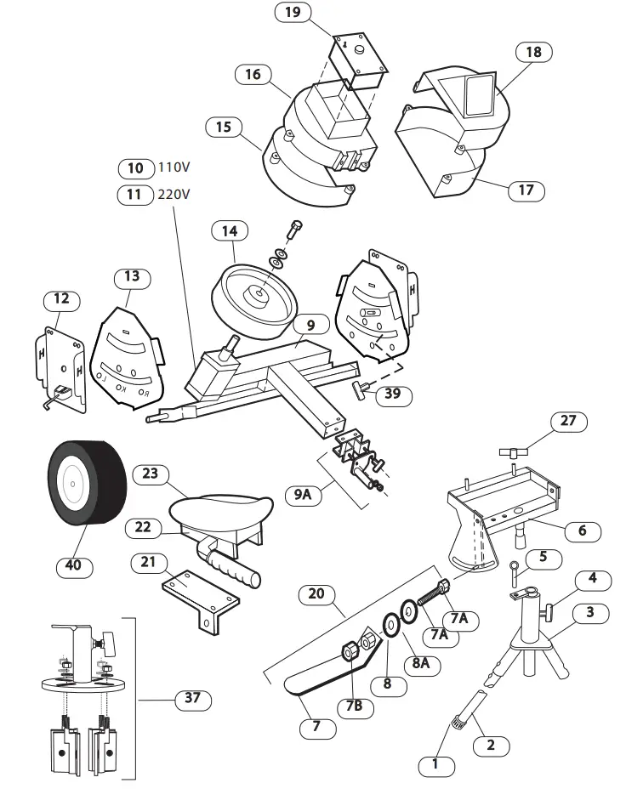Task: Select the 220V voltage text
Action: pos(174,194)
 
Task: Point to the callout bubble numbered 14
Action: pos(230,230)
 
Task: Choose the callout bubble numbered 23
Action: pos(150,474)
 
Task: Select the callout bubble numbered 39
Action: pos(392,394)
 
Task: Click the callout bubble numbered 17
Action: pos(526,190)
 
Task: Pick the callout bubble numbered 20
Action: pos(316,593)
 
